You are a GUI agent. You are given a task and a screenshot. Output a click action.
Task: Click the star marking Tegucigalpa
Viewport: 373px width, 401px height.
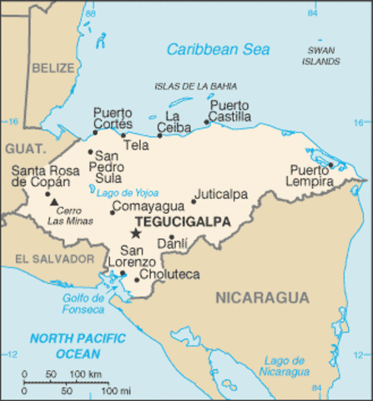[135, 233]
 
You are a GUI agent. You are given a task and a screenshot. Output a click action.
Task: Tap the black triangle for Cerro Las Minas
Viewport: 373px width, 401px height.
[54, 201]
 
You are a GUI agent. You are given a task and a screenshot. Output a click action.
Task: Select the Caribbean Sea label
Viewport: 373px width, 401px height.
[219, 50]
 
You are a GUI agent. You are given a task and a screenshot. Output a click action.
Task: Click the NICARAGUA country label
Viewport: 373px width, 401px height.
[262, 297]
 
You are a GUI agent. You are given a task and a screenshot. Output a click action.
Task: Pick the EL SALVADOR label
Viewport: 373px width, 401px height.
[54, 259]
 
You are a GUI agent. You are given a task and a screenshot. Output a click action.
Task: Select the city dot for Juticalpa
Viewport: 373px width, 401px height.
[194, 200]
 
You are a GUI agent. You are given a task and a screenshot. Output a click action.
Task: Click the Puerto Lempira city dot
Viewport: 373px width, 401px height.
[331, 165]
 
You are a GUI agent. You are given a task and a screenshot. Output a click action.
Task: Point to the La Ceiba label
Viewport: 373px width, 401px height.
[174, 121]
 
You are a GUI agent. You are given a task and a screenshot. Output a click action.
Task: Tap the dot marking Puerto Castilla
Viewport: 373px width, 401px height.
[206, 122]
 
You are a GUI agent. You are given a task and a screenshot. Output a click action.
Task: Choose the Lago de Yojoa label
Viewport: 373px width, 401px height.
[127, 192]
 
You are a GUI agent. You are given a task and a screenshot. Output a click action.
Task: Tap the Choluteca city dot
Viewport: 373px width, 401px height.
[137, 279]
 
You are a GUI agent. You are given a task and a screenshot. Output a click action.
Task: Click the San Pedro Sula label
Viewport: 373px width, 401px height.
[108, 166]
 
